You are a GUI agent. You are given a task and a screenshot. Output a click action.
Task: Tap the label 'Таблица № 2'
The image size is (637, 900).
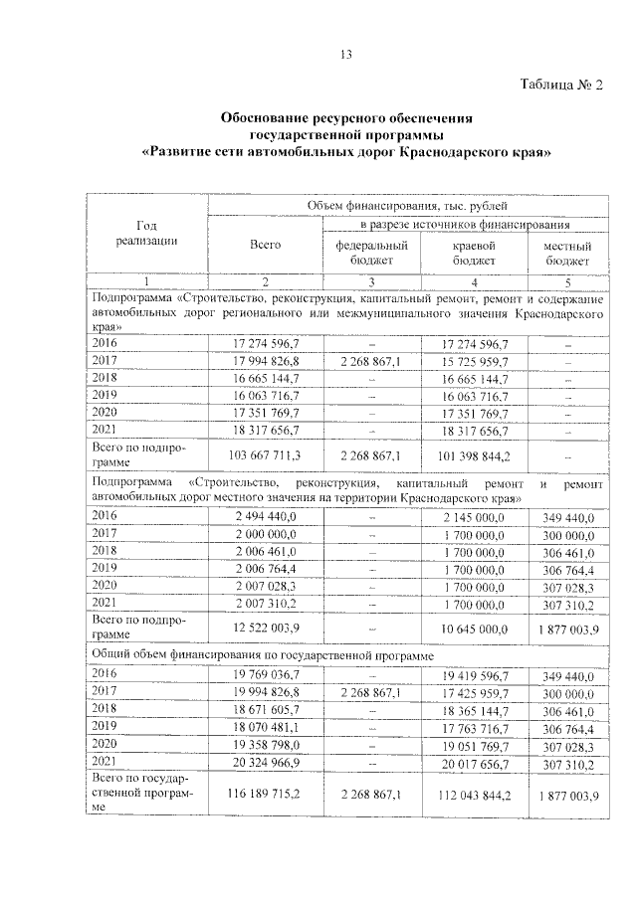coord(562,85)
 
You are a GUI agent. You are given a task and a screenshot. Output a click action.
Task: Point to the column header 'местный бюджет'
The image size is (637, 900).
coord(568,253)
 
